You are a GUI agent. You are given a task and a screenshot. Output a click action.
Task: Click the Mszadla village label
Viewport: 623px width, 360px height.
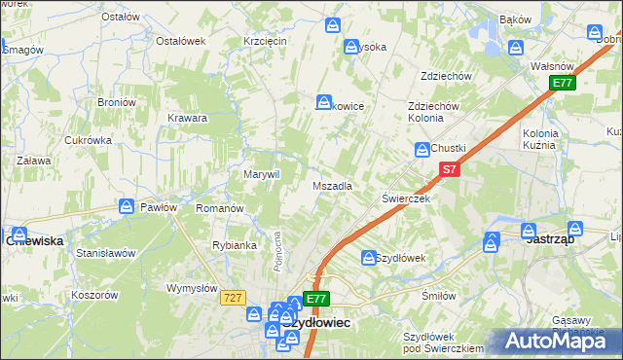pyautogui.click(x=331, y=186)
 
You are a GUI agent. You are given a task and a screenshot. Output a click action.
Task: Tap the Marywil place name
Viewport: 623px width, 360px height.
pyautogui.click(x=261, y=174)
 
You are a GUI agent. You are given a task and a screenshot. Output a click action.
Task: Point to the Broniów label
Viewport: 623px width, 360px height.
pyautogui.click(x=116, y=102)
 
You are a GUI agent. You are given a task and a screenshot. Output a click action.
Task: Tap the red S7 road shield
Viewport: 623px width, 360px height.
pyautogui.click(x=447, y=170)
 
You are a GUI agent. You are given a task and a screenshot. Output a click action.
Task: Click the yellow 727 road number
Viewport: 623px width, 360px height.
pyautogui.click(x=231, y=298)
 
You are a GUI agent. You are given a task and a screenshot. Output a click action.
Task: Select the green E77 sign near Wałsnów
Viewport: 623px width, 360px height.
pyautogui.click(x=562, y=84)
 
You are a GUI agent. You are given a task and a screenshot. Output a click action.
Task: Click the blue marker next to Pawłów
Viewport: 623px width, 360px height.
pyautogui.click(x=127, y=206)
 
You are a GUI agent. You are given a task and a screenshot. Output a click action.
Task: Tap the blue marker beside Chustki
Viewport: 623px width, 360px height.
pyautogui.click(x=422, y=149)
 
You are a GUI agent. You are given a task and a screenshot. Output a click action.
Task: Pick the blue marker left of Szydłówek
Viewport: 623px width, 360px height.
pyautogui.click(x=368, y=258)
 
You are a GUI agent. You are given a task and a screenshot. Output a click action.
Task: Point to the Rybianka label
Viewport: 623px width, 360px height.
pyautogui.click(x=234, y=245)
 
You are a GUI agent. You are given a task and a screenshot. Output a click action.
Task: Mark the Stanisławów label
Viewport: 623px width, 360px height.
pyautogui.click(x=105, y=253)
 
